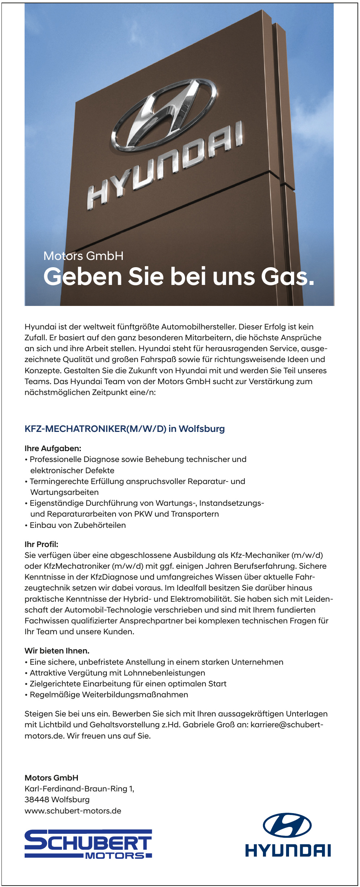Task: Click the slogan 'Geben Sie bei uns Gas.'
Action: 179,277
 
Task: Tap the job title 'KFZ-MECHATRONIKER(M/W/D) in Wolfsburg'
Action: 125,429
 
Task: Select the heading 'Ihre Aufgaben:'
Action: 53,448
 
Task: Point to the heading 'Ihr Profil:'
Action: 41,544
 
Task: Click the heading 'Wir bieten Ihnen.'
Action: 57,651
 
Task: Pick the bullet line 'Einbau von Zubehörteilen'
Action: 78,525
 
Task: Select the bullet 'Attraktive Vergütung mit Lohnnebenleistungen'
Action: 117,673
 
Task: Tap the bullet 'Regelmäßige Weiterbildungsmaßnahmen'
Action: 109,694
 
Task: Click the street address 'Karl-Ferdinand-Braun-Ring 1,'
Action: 79,789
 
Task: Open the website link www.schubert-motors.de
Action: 73,811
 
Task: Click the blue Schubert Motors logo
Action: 88,844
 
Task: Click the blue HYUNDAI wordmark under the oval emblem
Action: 288,851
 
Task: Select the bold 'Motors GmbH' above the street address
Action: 51,778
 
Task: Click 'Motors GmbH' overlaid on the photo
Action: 83,256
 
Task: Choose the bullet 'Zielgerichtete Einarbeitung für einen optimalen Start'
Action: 128,684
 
